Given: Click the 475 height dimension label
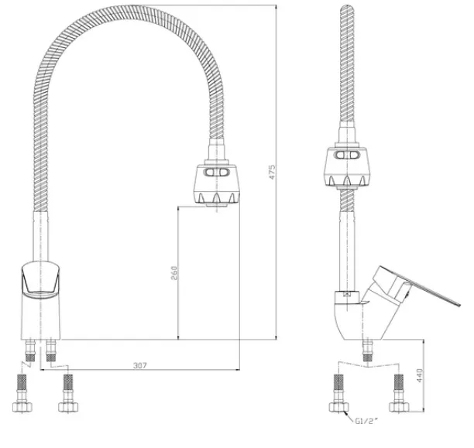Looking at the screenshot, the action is point(272,172).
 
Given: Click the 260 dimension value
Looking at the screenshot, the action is point(174,273).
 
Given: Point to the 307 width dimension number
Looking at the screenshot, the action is point(140,365).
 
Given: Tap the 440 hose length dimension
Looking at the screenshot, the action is point(421,375).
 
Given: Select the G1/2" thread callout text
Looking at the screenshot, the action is point(366,421).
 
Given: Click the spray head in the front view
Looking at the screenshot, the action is point(216,185).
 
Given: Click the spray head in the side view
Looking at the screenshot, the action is point(347,167).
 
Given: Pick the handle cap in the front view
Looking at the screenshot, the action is point(40,280).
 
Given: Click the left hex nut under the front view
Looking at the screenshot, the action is point(22,407).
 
